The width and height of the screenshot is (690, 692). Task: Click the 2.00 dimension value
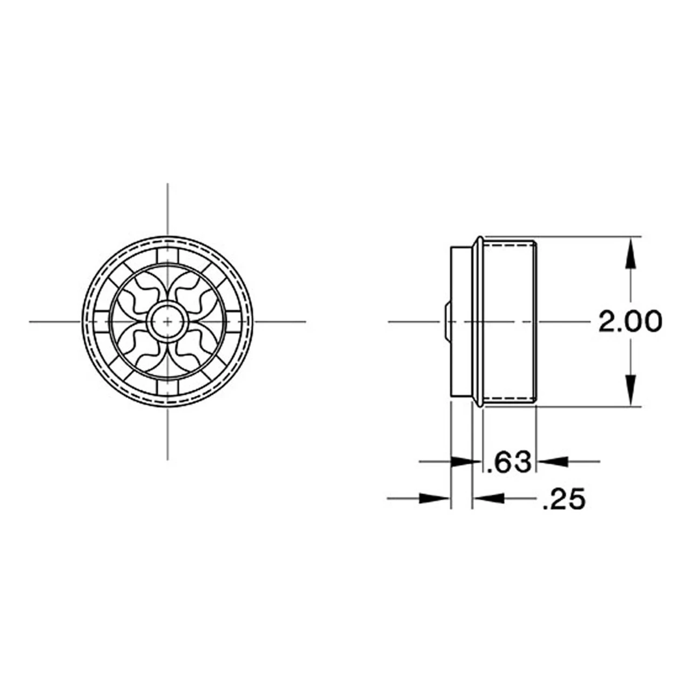[629, 321]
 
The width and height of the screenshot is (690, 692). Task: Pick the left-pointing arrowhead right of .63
[552, 462]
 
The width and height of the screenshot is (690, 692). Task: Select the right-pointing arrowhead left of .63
[466, 462]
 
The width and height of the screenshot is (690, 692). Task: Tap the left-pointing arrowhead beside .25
[488, 498]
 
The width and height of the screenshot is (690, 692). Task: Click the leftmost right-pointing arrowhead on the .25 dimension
[434, 498]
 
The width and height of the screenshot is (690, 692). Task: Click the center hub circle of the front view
[168, 321]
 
